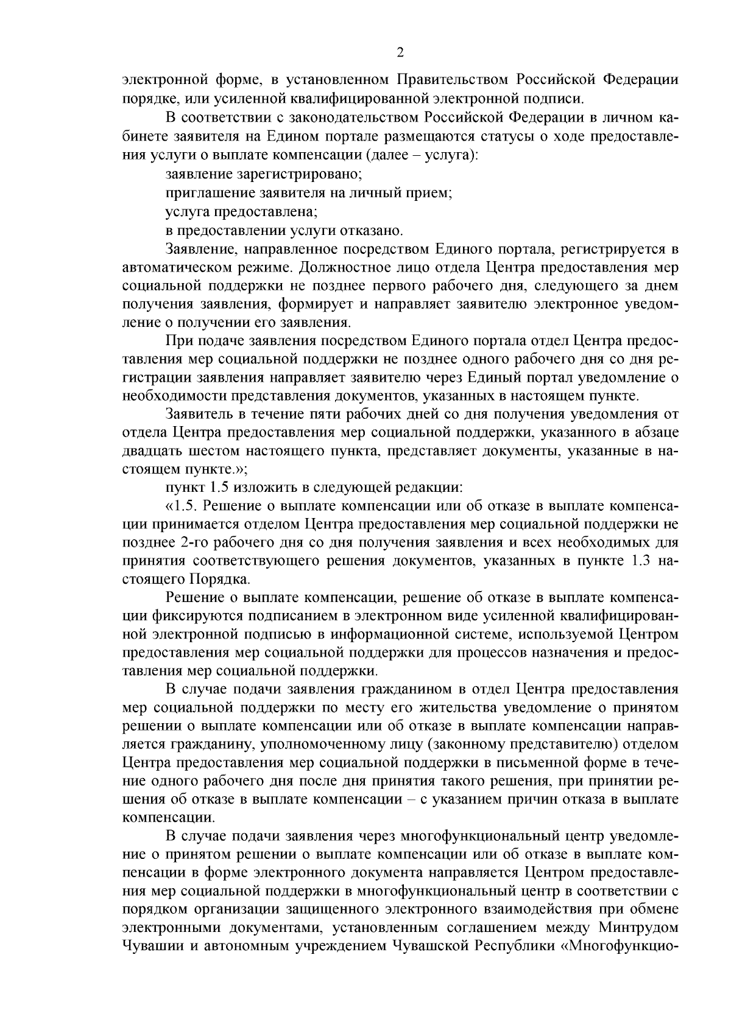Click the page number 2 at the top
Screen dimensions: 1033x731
tap(400, 53)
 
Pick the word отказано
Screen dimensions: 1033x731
tap(376, 231)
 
